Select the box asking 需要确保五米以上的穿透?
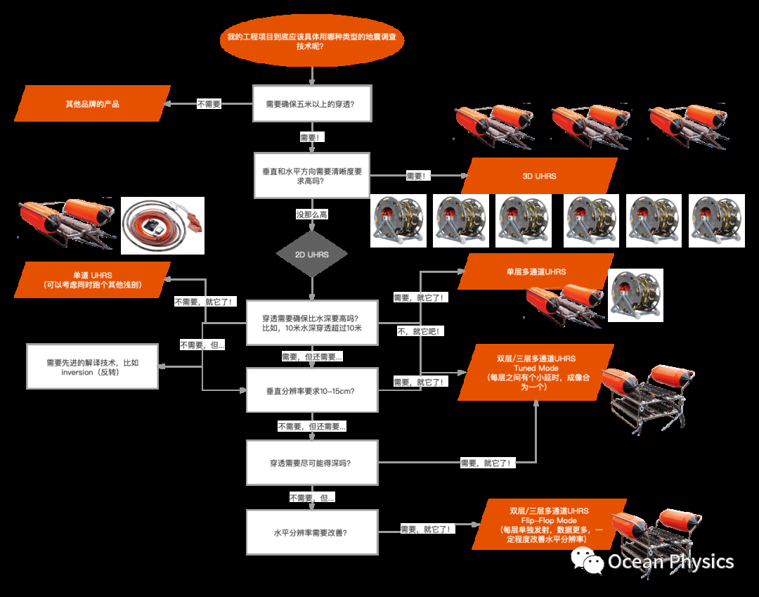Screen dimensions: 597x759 tap(312, 104)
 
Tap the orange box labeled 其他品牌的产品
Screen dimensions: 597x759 tap(93, 104)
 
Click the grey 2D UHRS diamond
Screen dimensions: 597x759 tap(312, 254)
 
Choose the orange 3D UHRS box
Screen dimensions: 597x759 tap(539, 176)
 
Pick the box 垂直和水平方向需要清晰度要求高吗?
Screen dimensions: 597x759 tap(312, 176)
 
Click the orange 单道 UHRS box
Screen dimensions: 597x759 tap(93, 279)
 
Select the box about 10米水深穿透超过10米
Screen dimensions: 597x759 tap(312, 323)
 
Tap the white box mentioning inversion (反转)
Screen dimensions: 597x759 tap(92, 367)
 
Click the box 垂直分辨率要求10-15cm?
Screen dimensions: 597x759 tap(312, 390)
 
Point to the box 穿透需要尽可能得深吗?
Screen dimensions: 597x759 tap(312, 463)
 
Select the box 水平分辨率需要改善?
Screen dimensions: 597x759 tap(312, 532)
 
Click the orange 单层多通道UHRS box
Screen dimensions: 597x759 tap(536, 271)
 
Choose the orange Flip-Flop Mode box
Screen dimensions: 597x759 tap(550, 525)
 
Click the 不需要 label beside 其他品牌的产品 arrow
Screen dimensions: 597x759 tap(209, 104)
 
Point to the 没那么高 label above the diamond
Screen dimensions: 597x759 tap(312, 214)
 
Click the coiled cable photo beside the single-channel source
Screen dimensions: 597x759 tap(162, 225)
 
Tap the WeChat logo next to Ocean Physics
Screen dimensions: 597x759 tap(588, 560)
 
